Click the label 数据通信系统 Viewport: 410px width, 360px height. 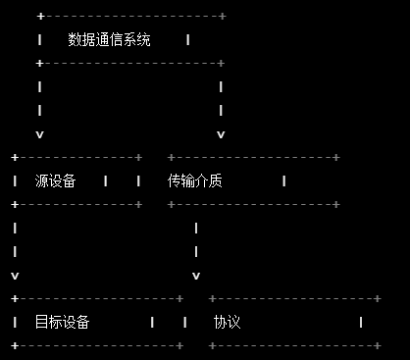click(109, 40)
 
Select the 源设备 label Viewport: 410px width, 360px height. click(55, 180)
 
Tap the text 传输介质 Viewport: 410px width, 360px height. click(195, 180)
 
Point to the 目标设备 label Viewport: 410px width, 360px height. click(62, 322)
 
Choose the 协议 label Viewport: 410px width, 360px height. click(227, 322)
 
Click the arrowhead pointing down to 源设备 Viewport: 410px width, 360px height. click(39, 133)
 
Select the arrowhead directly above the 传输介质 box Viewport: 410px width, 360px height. click(221, 133)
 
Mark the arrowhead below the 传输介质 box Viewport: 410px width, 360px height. click(196, 275)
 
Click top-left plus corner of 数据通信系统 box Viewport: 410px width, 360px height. click(39, 17)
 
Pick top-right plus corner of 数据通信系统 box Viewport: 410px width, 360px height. click(223, 17)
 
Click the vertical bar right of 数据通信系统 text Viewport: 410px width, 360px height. click(187, 40)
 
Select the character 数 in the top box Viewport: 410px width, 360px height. click(75, 40)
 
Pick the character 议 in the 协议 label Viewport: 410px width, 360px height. click(233, 322)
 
